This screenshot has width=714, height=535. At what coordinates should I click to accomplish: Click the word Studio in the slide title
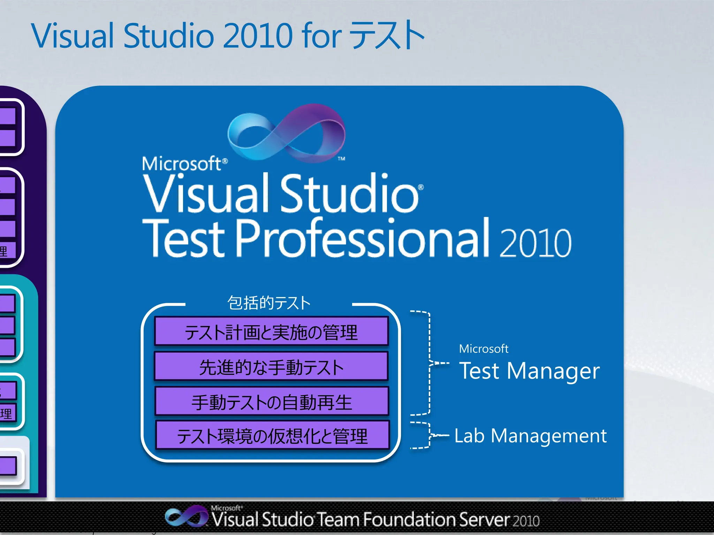tap(168, 36)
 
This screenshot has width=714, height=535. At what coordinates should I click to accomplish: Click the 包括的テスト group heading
tap(269, 303)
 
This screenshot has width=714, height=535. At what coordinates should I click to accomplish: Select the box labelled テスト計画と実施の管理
tap(271, 332)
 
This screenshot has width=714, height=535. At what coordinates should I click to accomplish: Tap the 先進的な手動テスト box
tap(271, 366)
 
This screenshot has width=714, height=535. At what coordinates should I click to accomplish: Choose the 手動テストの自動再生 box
tap(271, 401)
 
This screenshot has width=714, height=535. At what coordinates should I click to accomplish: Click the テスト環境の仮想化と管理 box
tap(272, 435)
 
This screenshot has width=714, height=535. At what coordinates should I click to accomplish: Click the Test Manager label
tap(529, 371)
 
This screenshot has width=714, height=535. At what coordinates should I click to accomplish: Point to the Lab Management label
tap(530, 435)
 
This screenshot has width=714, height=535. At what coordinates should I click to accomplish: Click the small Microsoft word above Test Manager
tap(484, 349)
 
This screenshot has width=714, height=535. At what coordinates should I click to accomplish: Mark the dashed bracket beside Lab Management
tap(428, 435)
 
